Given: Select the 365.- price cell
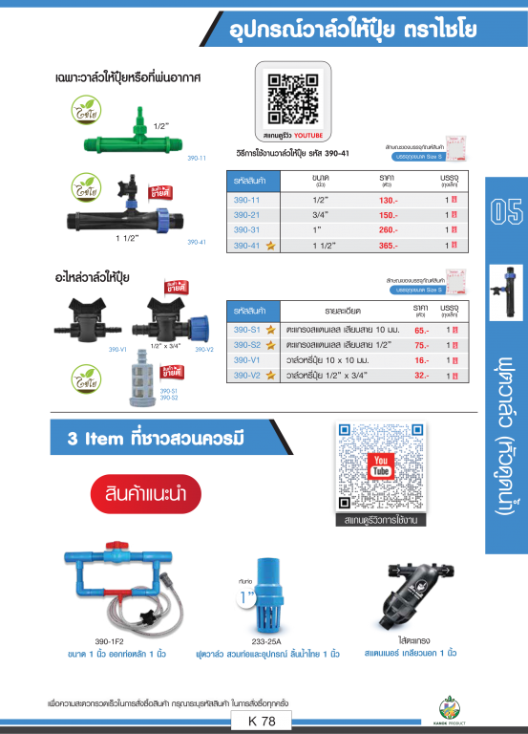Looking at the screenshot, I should point(387,246).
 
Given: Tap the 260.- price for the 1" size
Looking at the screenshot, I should point(387,230).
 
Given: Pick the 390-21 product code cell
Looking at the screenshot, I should point(247,216).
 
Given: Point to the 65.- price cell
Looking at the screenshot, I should point(421,329).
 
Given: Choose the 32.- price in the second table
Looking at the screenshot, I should point(421,376).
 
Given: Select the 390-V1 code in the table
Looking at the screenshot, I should point(247,360).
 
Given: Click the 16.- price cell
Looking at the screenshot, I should point(421,360).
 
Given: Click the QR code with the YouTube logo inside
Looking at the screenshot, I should point(380,467).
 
